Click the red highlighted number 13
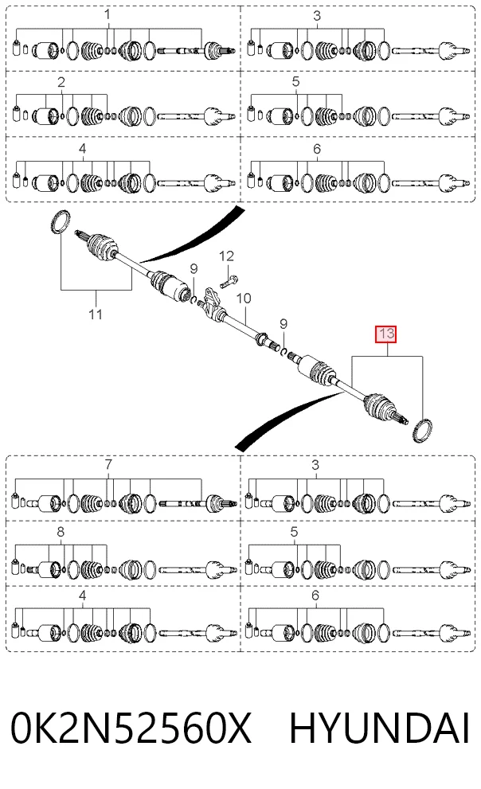[386, 334]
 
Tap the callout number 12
[226, 256]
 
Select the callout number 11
[96, 314]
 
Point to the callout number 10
[244, 299]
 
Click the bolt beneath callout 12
[229, 281]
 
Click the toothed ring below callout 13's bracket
[422, 430]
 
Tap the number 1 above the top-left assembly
[108, 15]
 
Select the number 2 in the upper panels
[61, 82]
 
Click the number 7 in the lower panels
[108, 464]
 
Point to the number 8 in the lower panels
[61, 532]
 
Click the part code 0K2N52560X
[131, 728]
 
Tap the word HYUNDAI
[380, 728]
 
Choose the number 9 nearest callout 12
[194, 269]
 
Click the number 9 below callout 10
[284, 323]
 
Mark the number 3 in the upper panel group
[316, 16]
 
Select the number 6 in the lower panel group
[315, 596]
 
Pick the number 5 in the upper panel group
[295, 81]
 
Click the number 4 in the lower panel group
[83, 596]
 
